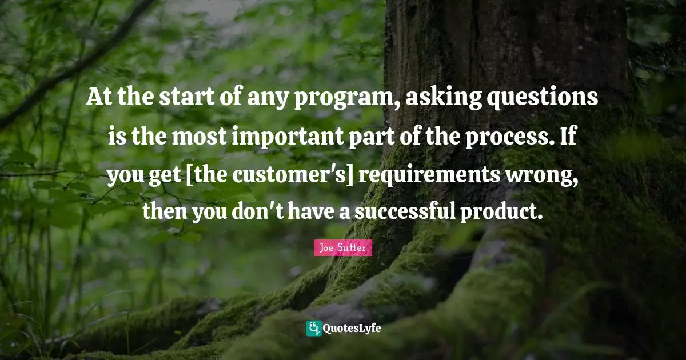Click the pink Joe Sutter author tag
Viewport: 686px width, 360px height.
coord(342,248)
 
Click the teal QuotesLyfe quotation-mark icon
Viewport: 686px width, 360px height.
coord(313,329)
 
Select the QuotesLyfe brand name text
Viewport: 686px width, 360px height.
coord(352,329)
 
